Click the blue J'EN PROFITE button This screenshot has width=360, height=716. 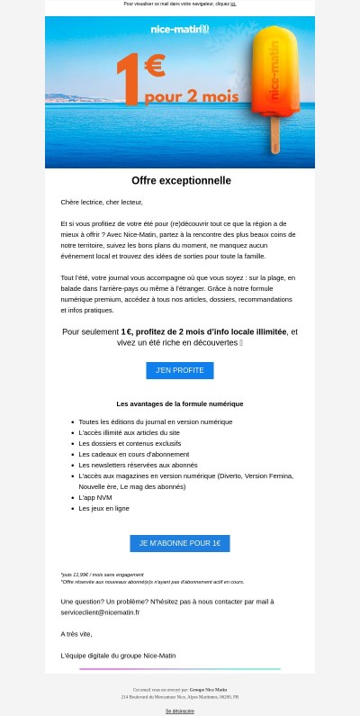click(180, 370)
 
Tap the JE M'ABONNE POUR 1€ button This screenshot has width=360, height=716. click(180, 543)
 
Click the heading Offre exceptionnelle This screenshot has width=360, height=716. click(181, 181)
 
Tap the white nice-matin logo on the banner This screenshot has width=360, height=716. click(179, 29)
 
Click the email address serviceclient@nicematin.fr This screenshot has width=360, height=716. click(100, 612)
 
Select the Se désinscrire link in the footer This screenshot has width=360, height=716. click(180, 711)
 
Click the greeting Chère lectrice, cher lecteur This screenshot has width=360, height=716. click(102, 202)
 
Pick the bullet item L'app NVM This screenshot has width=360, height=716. click(95, 497)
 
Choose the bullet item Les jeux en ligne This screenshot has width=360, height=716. click(103, 508)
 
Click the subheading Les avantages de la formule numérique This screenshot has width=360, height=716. click(180, 403)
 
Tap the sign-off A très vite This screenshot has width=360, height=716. click(76, 633)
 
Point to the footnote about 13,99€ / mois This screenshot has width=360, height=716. click(102, 574)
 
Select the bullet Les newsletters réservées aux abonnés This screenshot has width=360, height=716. click(138, 465)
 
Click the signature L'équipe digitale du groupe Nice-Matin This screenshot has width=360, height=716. click(118, 655)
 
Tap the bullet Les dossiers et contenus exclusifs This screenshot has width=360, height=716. click(130, 443)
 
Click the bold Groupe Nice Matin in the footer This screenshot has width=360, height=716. click(208, 689)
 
